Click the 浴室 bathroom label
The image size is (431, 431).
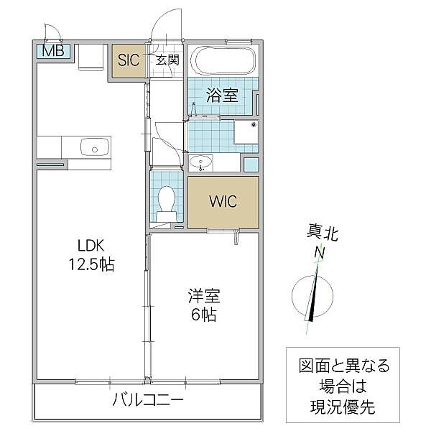click(x=221, y=96)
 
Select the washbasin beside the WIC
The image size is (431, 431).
click(x=201, y=162)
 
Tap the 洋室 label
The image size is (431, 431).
click(x=203, y=296)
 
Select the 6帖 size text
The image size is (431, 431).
click(x=203, y=315)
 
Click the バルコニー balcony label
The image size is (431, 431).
click(x=147, y=401)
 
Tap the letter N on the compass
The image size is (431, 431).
click(x=318, y=253)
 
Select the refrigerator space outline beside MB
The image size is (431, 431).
click(x=91, y=60)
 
